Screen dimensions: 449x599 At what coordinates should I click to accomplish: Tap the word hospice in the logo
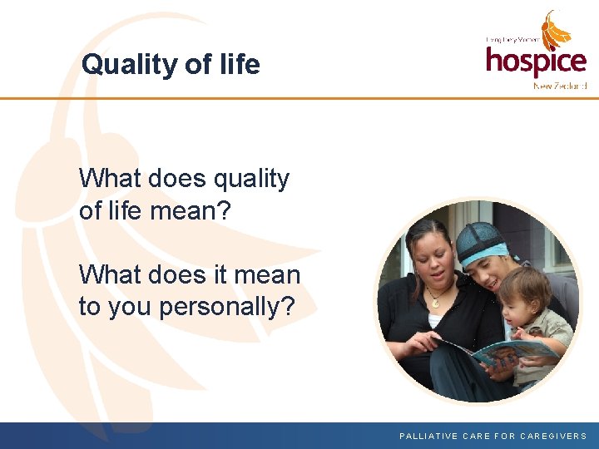coord(536,62)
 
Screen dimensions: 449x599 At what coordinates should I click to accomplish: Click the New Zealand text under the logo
coord(560,86)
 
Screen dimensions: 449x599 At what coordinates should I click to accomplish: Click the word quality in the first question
coord(251,179)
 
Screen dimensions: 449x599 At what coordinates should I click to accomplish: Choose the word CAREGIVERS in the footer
coord(554,436)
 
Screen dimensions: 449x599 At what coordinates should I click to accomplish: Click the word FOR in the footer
coord(504,436)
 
